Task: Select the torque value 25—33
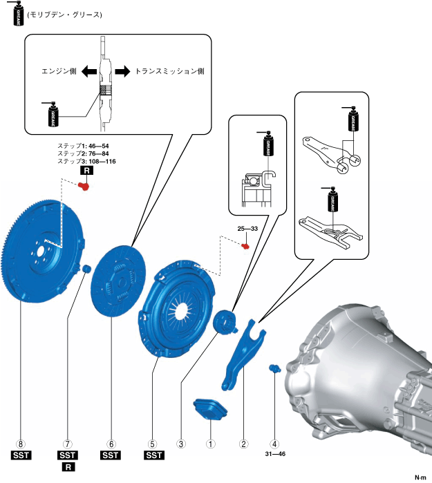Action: (x=248, y=229)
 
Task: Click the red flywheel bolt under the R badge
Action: (x=85, y=185)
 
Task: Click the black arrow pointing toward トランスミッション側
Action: (x=122, y=71)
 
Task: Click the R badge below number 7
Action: (x=68, y=468)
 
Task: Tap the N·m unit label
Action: (x=420, y=477)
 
